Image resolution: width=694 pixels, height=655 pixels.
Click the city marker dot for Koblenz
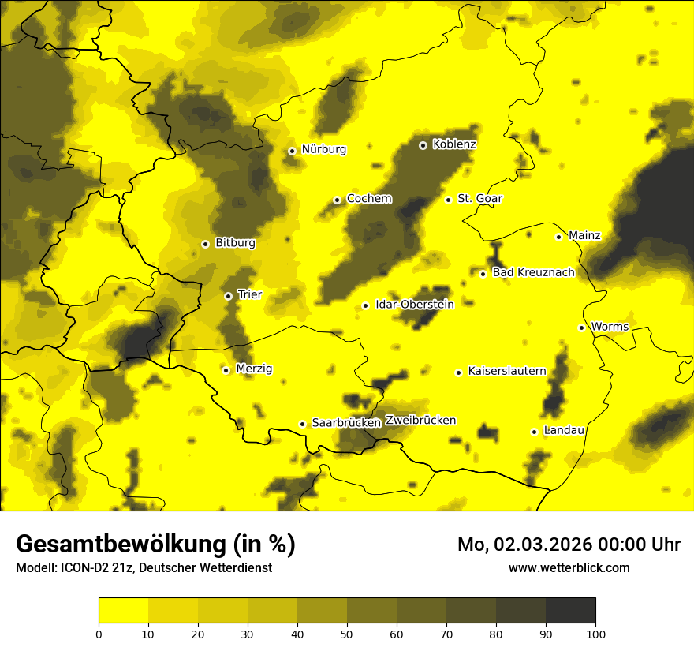[x=423, y=145]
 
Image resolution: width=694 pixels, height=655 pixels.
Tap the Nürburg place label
[x=323, y=149]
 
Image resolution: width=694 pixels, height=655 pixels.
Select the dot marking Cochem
[x=337, y=200]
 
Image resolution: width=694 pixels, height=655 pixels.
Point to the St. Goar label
[x=479, y=198]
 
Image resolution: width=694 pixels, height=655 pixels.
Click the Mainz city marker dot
[x=558, y=237]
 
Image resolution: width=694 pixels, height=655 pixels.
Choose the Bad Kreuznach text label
[x=533, y=272]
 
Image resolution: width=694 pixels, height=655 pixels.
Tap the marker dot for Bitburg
[x=205, y=244]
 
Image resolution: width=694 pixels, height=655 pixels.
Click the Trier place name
[x=249, y=294]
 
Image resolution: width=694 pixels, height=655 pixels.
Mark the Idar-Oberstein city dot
[x=365, y=305]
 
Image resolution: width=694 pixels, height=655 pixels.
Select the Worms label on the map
[x=610, y=327]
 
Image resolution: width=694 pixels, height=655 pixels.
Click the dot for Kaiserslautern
[x=458, y=372]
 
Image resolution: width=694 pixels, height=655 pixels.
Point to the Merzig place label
[x=254, y=369]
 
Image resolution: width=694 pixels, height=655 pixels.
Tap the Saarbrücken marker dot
[x=302, y=424]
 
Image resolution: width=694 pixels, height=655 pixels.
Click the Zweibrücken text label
[x=420, y=421]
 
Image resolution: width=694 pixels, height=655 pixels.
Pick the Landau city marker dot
[x=534, y=432]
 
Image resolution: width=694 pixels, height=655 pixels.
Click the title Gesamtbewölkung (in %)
[x=155, y=544]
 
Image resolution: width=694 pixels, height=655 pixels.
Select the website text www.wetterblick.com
[x=569, y=567]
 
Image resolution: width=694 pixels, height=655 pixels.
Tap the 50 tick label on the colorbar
[x=347, y=634]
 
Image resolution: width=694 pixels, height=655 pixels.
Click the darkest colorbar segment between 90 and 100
[x=570, y=611]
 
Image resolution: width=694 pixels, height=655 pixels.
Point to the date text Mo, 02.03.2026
[x=533, y=545]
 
